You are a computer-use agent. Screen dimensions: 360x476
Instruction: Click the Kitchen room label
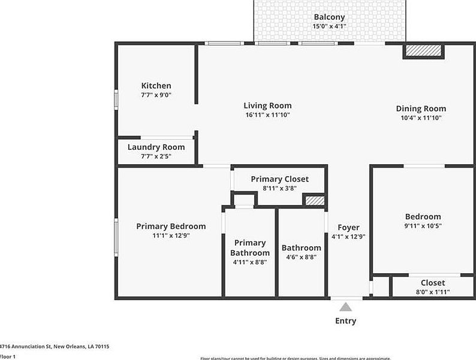(156, 86)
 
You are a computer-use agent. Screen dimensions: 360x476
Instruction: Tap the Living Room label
(267, 105)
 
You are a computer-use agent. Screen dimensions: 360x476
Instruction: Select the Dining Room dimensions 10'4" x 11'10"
(421, 118)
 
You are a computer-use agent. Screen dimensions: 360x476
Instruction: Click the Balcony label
(329, 17)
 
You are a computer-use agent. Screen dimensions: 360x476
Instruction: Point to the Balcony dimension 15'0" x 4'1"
(329, 26)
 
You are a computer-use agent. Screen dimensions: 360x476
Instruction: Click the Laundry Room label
(156, 147)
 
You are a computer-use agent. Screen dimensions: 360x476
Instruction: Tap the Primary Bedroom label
(171, 226)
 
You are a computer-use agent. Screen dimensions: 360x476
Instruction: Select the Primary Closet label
(279, 179)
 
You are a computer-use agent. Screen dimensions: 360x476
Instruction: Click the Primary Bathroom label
(250, 247)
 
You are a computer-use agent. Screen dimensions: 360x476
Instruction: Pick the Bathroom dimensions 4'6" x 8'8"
(301, 257)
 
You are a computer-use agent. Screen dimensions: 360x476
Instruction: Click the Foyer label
(348, 227)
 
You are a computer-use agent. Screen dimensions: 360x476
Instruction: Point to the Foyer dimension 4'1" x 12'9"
(348, 236)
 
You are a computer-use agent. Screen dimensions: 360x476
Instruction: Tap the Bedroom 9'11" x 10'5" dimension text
(423, 226)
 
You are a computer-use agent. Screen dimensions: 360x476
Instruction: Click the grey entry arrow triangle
(346, 307)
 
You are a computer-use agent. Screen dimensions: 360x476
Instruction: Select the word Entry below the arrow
(345, 320)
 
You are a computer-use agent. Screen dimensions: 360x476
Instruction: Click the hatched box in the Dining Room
(423, 52)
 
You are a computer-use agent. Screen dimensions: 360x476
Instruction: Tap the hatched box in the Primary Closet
(314, 201)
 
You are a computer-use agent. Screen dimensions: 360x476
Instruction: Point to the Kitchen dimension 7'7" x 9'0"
(156, 95)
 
